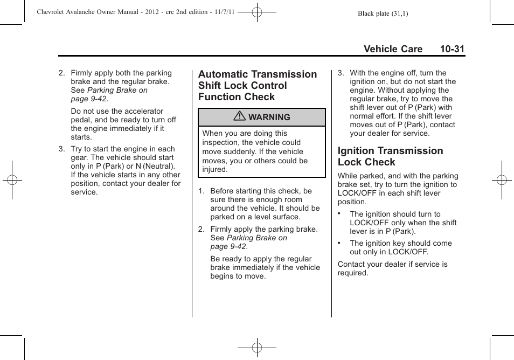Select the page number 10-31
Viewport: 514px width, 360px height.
click(x=452, y=49)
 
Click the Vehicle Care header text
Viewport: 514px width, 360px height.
click(x=393, y=49)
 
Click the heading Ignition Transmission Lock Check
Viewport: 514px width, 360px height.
click(x=390, y=156)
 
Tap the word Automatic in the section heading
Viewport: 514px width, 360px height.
click(x=223, y=74)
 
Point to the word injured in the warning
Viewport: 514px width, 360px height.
click(x=214, y=169)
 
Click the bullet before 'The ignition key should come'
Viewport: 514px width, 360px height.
click(x=339, y=243)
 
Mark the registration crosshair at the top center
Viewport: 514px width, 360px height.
click(x=257, y=11)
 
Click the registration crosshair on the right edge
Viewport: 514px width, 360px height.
click(x=501, y=180)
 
